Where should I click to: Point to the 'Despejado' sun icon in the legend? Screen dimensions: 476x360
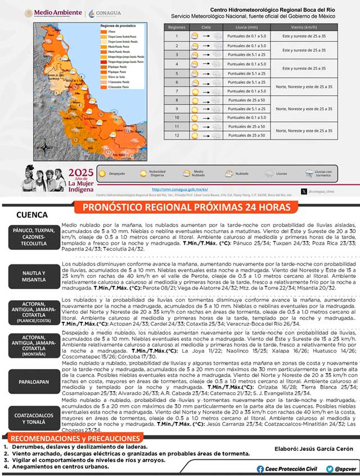pos(102,173)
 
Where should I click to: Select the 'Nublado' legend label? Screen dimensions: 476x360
pos(244,174)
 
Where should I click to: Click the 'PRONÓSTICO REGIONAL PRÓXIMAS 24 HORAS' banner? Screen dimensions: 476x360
pos(183,207)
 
